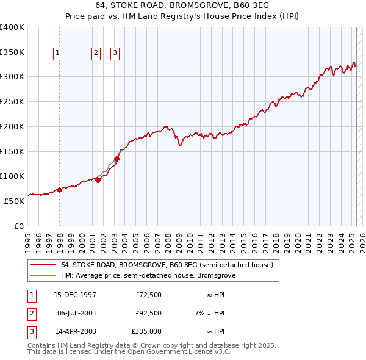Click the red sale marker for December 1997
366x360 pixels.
pyautogui.click(x=60, y=190)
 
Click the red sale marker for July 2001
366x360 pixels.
pyautogui.click(x=98, y=180)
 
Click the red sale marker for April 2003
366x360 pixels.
pyautogui.click(x=117, y=159)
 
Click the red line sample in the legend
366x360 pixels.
pyautogui.click(x=42, y=265)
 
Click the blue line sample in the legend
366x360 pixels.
pyautogui.click(x=42, y=276)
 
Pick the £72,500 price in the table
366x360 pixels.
pyautogui.click(x=149, y=295)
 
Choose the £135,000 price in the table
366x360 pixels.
pyautogui.click(x=146, y=331)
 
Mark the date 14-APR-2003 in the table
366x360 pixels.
pyautogui.click(x=75, y=331)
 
